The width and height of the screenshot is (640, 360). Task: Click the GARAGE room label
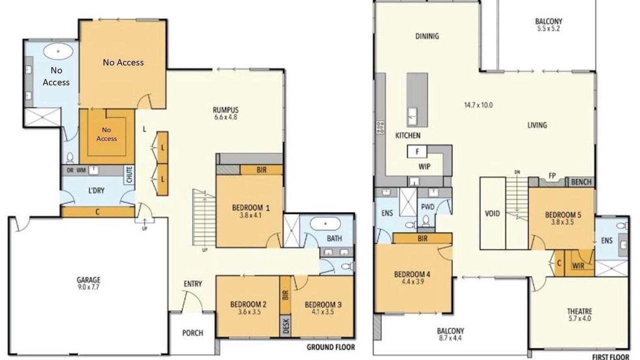point(88,280)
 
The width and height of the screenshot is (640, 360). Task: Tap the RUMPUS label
point(225,109)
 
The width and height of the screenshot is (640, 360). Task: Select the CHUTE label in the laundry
point(129,175)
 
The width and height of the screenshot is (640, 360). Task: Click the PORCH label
point(192,333)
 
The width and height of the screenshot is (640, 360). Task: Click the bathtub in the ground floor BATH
point(325,224)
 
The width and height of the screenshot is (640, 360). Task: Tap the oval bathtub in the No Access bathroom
point(58,51)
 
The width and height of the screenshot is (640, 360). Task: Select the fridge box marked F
point(417,151)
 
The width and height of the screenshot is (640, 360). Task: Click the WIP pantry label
point(424,166)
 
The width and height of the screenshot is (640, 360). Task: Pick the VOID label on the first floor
point(492,213)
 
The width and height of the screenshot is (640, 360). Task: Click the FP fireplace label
point(552,175)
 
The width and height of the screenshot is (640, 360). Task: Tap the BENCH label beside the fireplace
point(581,182)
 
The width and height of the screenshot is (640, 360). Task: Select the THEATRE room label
point(579,311)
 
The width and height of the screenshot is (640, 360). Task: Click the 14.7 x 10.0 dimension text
point(478,105)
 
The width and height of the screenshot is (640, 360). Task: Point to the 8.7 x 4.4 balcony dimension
point(450,338)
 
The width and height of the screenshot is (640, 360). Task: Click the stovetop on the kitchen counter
point(380,127)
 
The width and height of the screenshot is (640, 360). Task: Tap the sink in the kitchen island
point(412,116)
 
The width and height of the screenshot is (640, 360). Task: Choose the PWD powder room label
point(427,207)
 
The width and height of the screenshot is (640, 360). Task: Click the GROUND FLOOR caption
point(331,347)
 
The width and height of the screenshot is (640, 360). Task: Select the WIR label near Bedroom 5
point(578,266)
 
